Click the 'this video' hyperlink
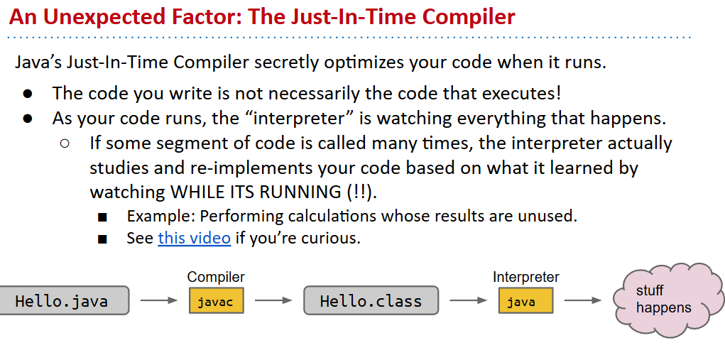point(194,238)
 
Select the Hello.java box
point(64,300)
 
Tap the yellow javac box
point(216,300)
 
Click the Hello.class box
point(371,300)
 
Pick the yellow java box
point(525,300)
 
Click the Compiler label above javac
point(216,277)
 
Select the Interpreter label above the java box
point(525,277)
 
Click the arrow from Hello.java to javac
point(158,300)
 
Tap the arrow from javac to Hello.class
point(273,300)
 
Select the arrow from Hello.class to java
point(468,300)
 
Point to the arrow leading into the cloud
point(582,300)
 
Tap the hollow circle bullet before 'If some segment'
point(65,143)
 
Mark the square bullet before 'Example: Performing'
point(102,217)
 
